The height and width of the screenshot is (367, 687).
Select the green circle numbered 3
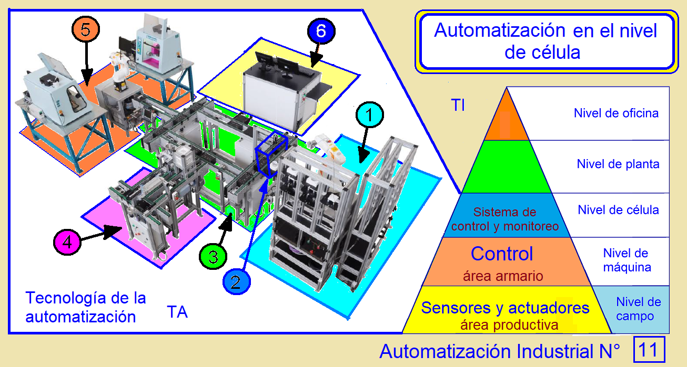(213, 257)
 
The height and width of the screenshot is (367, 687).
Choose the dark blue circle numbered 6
(322, 31)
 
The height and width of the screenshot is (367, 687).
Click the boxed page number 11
(649, 350)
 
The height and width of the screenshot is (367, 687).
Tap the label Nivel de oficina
(616, 113)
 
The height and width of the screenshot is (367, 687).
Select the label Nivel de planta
(618, 164)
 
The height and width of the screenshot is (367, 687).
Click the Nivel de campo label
(638, 309)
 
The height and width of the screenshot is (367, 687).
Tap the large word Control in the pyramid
(502, 254)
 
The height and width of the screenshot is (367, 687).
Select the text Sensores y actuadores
(505, 308)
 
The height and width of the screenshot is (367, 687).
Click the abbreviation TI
(458, 105)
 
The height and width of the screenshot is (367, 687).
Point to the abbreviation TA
(177, 312)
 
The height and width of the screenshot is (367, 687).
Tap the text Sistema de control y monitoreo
(504, 219)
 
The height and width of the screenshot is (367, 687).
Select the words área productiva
(509, 326)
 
